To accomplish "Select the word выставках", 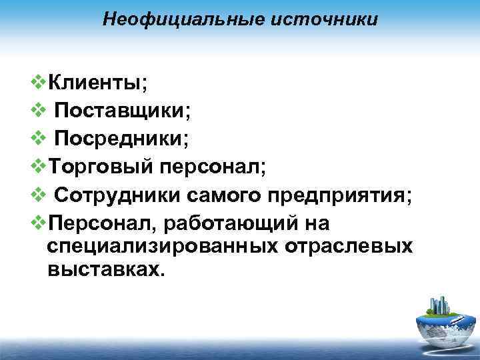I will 105,270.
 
